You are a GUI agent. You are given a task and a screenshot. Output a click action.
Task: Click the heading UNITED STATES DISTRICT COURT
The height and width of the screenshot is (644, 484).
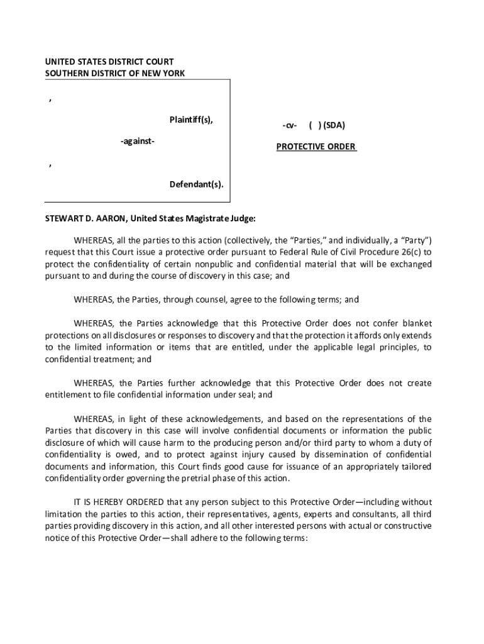tap(109, 62)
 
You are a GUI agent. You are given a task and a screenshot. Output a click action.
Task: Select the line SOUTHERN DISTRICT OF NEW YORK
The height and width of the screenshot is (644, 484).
tap(115, 73)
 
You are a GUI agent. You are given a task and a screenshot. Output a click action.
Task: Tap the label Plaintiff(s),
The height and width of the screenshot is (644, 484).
tap(191, 119)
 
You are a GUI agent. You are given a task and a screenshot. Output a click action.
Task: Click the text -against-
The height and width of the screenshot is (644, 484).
tap(138, 142)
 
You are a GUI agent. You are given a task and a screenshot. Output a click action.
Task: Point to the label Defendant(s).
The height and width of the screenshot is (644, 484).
tap(196, 184)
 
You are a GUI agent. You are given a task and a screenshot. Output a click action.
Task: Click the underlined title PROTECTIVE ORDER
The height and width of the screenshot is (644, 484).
tap(316, 147)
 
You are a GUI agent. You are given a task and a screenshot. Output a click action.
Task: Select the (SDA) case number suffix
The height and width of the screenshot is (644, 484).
tap(333, 125)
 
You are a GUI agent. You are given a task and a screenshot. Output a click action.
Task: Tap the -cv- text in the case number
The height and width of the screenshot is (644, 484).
tap(289, 125)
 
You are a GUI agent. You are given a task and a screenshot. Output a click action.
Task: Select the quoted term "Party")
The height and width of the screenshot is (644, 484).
tap(412, 240)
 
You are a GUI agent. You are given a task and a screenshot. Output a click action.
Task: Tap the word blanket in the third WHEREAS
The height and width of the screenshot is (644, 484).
tap(417, 324)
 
